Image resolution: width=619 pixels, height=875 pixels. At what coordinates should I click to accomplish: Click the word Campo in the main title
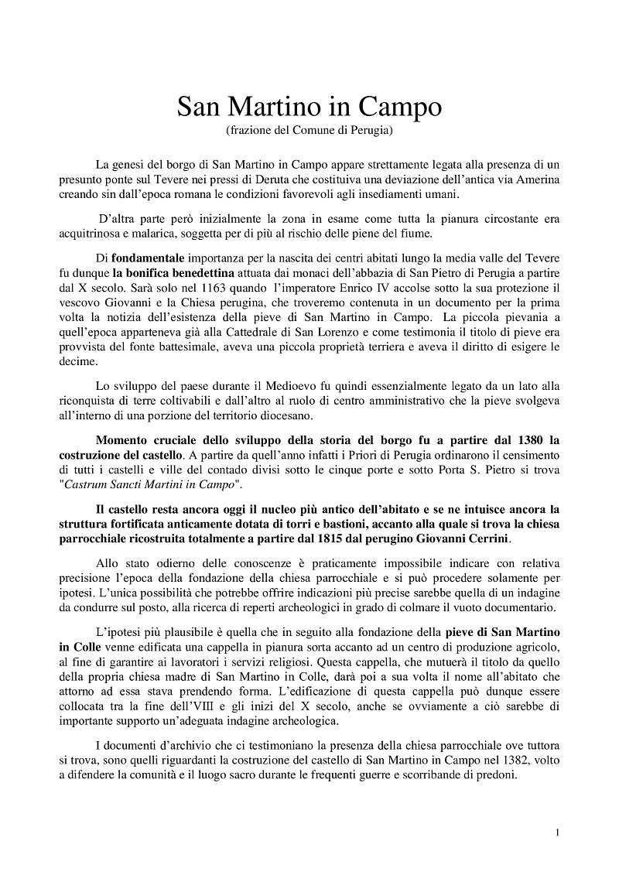pos(400,106)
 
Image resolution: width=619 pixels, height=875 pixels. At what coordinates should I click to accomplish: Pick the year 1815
pos(330,538)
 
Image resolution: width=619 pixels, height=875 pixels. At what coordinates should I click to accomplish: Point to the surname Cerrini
pos(484,538)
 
